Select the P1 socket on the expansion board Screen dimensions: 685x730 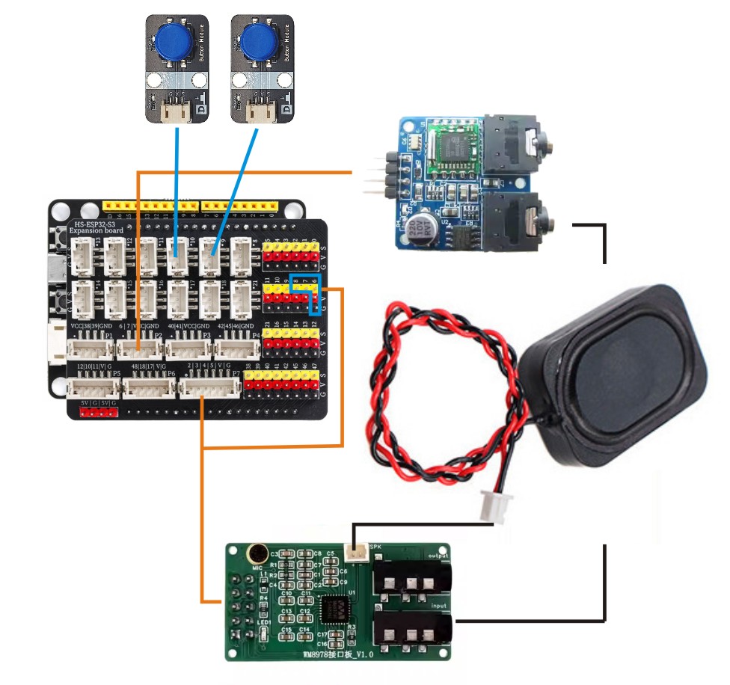(91, 349)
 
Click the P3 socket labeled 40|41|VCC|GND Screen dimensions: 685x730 (187, 349)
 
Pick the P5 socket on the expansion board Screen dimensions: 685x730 (93, 387)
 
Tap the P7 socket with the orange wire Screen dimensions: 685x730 (209, 387)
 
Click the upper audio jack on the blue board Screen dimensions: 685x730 (516, 143)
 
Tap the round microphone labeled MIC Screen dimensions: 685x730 (255, 554)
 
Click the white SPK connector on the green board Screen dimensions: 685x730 (357, 553)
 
